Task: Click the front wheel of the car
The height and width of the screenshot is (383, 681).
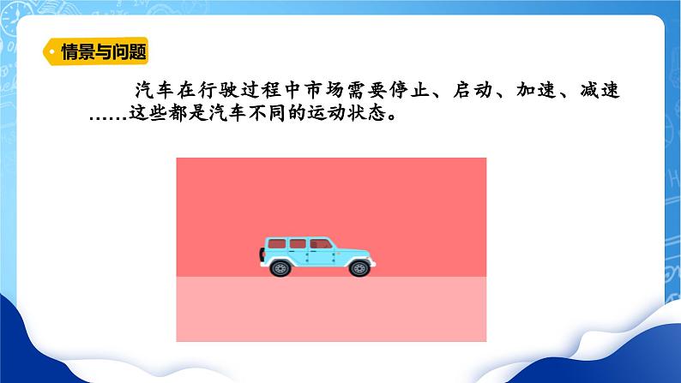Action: [x=359, y=267]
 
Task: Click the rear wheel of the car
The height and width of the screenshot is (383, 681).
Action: [x=280, y=267]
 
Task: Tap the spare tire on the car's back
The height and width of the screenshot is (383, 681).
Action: [x=261, y=254]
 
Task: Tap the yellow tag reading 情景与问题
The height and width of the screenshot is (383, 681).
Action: [x=96, y=51]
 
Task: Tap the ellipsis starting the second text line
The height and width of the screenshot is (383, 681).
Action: [x=107, y=117]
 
